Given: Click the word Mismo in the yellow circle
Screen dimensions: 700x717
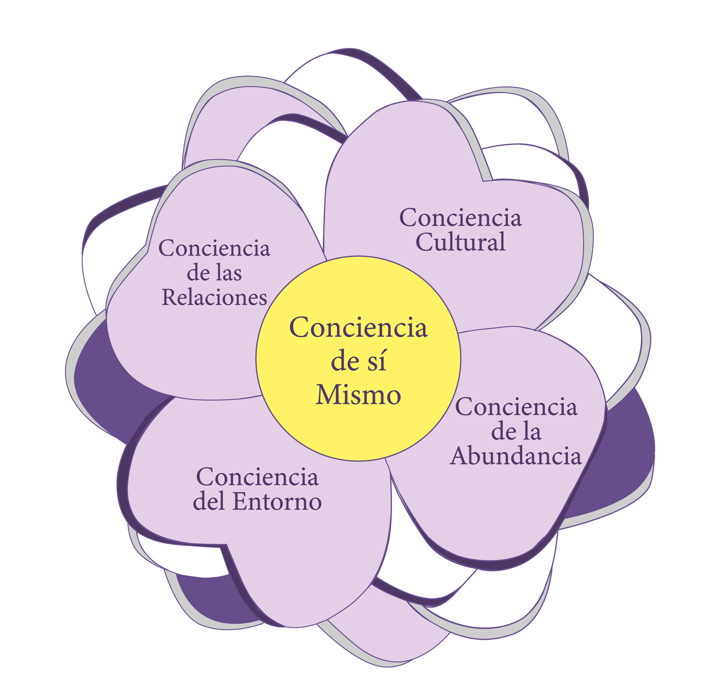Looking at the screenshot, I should (x=358, y=395).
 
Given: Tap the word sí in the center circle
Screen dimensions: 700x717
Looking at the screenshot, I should (x=379, y=362).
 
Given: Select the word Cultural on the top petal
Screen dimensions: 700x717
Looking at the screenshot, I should (x=460, y=242).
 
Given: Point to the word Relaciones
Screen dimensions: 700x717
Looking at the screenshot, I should (x=214, y=297).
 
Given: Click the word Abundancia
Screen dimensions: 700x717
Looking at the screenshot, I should (x=516, y=456).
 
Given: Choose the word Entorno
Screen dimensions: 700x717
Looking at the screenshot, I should (x=276, y=502).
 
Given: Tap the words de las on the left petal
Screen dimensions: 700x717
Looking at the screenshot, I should (x=214, y=273).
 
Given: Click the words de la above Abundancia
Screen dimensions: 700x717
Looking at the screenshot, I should (x=516, y=432).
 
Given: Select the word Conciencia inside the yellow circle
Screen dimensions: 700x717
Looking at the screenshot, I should (x=358, y=327).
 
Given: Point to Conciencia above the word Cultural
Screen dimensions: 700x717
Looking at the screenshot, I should (x=460, y=218).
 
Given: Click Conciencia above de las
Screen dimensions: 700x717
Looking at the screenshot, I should (x=214, y=248).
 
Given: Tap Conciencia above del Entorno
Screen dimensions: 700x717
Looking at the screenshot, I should (x=257, y=477).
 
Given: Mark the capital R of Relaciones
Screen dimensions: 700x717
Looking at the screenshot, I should (x=168, y=297).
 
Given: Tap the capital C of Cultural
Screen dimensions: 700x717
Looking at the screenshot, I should (x=424, y=242).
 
